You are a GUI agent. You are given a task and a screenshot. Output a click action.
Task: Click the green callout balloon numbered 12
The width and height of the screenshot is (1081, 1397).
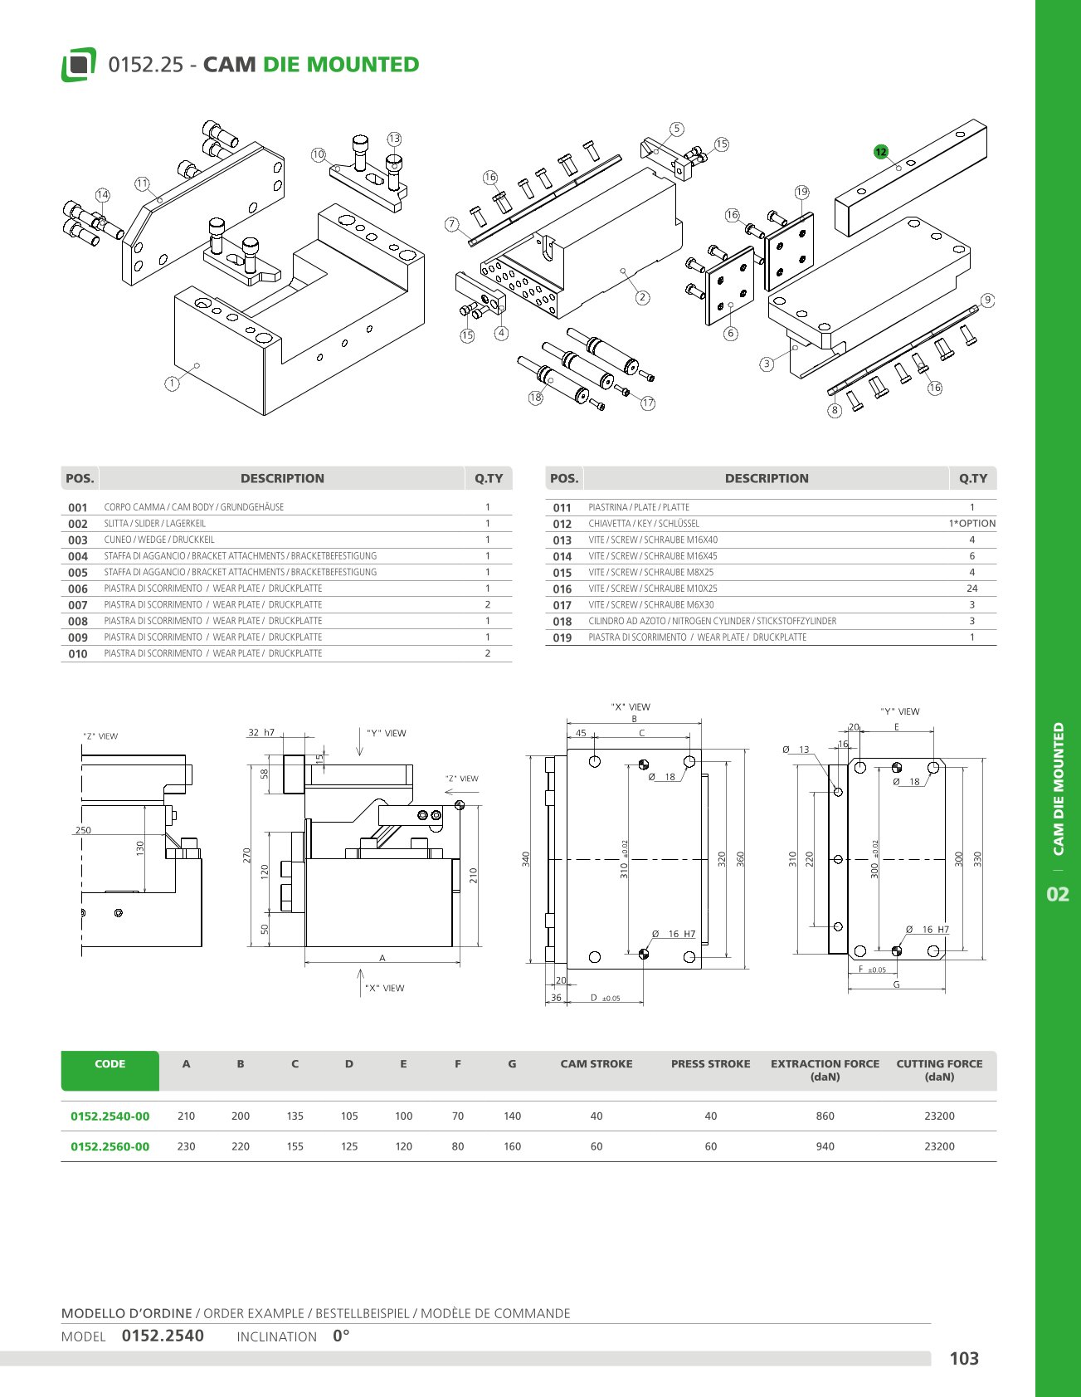[881, 152]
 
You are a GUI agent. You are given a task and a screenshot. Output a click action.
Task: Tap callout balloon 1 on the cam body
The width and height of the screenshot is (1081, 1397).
[172, 383]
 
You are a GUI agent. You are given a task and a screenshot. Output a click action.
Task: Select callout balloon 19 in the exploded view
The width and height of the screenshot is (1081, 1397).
[801, 192]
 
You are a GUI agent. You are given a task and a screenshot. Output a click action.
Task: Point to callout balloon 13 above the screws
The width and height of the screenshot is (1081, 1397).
[394, 139]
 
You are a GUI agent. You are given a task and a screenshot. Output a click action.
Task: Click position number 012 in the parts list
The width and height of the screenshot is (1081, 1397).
[562, 525]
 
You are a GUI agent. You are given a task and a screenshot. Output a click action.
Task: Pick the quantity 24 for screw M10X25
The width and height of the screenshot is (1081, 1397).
[972, 589]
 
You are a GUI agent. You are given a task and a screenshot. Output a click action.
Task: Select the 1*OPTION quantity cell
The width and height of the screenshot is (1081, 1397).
[972, 524]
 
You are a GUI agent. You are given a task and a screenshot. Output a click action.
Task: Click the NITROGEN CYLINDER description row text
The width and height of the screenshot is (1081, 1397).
[712, 622]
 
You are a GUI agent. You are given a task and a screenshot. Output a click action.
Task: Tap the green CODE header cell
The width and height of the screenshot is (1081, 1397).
[110, 1071]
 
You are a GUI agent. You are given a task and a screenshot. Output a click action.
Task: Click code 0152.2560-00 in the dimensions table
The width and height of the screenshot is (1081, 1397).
[110, 1146]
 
